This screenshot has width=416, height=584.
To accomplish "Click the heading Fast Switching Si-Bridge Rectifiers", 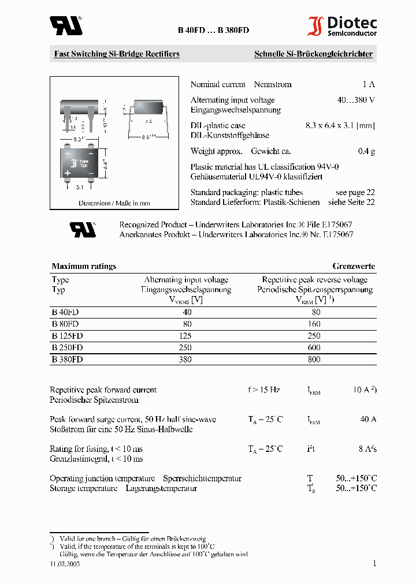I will tap(117, 54).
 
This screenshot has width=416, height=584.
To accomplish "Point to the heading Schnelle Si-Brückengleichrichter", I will tap(313, 54).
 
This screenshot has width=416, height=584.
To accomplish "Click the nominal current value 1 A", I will tap(368, 84).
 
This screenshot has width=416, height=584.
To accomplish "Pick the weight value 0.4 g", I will tap(366, 151).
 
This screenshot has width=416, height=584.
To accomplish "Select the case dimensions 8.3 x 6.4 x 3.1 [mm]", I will tap(340, 125).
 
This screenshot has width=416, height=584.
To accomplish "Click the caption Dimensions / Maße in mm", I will tap(114, 203).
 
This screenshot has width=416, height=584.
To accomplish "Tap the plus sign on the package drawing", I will tap(67, 173).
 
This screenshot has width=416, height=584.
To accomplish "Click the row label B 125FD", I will tap(67, 335).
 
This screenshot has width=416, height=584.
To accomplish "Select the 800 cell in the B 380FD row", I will tap(314, 359).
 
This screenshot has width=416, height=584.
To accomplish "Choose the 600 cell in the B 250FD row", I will tap(314, 347).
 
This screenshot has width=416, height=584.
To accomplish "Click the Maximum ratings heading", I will tap(84, 266).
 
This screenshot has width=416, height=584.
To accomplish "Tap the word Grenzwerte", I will tap(354, 266).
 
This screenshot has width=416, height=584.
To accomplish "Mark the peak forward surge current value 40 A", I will tap(368, 420).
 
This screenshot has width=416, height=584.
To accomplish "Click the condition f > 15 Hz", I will tap(264, 390).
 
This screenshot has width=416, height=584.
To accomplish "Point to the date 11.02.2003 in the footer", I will tap(65, 564).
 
